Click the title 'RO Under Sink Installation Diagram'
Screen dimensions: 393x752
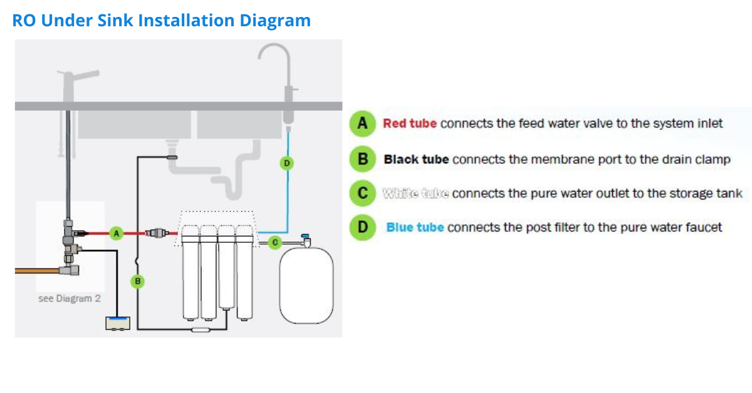coord(162,21)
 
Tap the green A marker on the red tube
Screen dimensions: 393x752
coord(116,233)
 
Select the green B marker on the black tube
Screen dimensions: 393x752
coord(138,282)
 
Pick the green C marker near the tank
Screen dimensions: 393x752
coord(274,242)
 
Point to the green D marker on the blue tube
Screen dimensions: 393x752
coord(286,163)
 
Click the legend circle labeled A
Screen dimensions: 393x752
coord(362,123)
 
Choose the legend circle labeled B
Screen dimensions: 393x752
coord(362,159)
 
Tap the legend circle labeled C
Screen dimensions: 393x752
coord(362,193)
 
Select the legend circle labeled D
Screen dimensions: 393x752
coord(362,227)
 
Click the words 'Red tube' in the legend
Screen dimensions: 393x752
coord(410,123)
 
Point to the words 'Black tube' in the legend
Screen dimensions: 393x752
coord(416,160)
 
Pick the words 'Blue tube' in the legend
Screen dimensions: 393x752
coord(415,227)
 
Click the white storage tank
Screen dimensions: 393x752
coord(306,283)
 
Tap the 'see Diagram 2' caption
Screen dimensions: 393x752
coord(69,299)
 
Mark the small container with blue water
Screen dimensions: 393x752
coord(118,322)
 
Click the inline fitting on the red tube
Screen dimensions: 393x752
coord(157,233)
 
